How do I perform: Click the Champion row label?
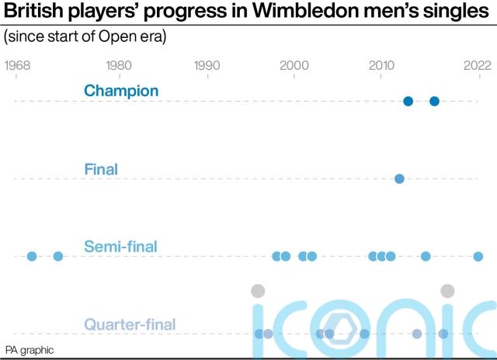pyautogui.click(x=121, y=91)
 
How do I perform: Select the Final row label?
pyautogui.click(x=100, y=168)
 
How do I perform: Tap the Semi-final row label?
pyautogui.click(x=120, y=247)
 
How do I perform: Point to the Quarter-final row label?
pyautogui.click(x=130, y=324)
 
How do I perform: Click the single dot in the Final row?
pyautogui.click(x=399, y=178)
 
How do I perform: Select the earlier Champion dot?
pyautogui.click(x=408, y=101)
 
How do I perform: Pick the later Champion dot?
pyautogui.click(x=434, y=101)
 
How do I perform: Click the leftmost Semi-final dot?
pyautogui.click(x=32, y=256)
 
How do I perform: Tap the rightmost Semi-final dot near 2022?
pyautogui.click(x=478, y=256)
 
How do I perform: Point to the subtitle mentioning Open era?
pyautogui.click(x=85, y=36)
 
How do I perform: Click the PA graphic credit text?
pyautogui.click(x=30, y=350)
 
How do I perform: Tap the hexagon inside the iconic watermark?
pyautogui.click(x=339, y=327)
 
